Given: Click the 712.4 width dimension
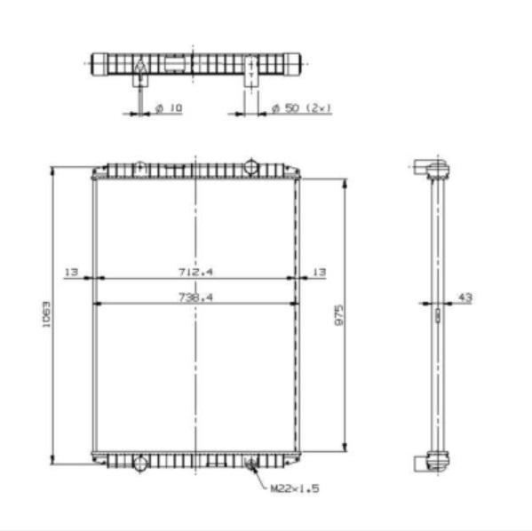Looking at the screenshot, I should click(196, 271).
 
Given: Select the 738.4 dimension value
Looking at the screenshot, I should click(196, 297).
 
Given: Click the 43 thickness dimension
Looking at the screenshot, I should click(464, 297).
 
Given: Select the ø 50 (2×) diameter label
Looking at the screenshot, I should click(301, 107).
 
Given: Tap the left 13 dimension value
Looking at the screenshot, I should click(72, 271).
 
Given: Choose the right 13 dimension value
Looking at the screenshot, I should click(319, 271).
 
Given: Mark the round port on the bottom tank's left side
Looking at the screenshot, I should click(139, 462).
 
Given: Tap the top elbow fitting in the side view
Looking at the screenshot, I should click(427, 166).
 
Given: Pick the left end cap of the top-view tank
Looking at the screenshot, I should click(100, 64).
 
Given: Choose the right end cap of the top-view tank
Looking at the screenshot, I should click(295, 64).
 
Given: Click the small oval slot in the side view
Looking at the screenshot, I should click(436, 313).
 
